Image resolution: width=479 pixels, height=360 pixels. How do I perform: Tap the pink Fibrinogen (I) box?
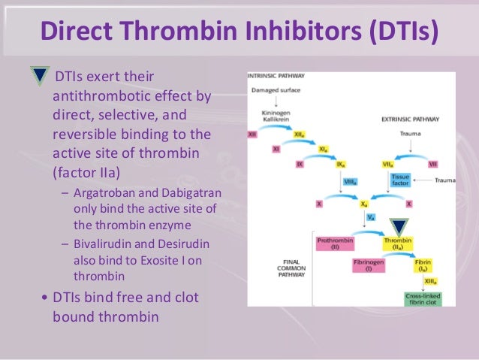tap(369, 266)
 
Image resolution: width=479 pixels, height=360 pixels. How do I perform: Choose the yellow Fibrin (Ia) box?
tap(423, 266)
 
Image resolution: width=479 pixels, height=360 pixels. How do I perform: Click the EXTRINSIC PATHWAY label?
tap(408, 119)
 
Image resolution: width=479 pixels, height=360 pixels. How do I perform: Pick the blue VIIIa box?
tap(347, 180)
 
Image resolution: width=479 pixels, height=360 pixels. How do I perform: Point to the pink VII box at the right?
tap(433, 163)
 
